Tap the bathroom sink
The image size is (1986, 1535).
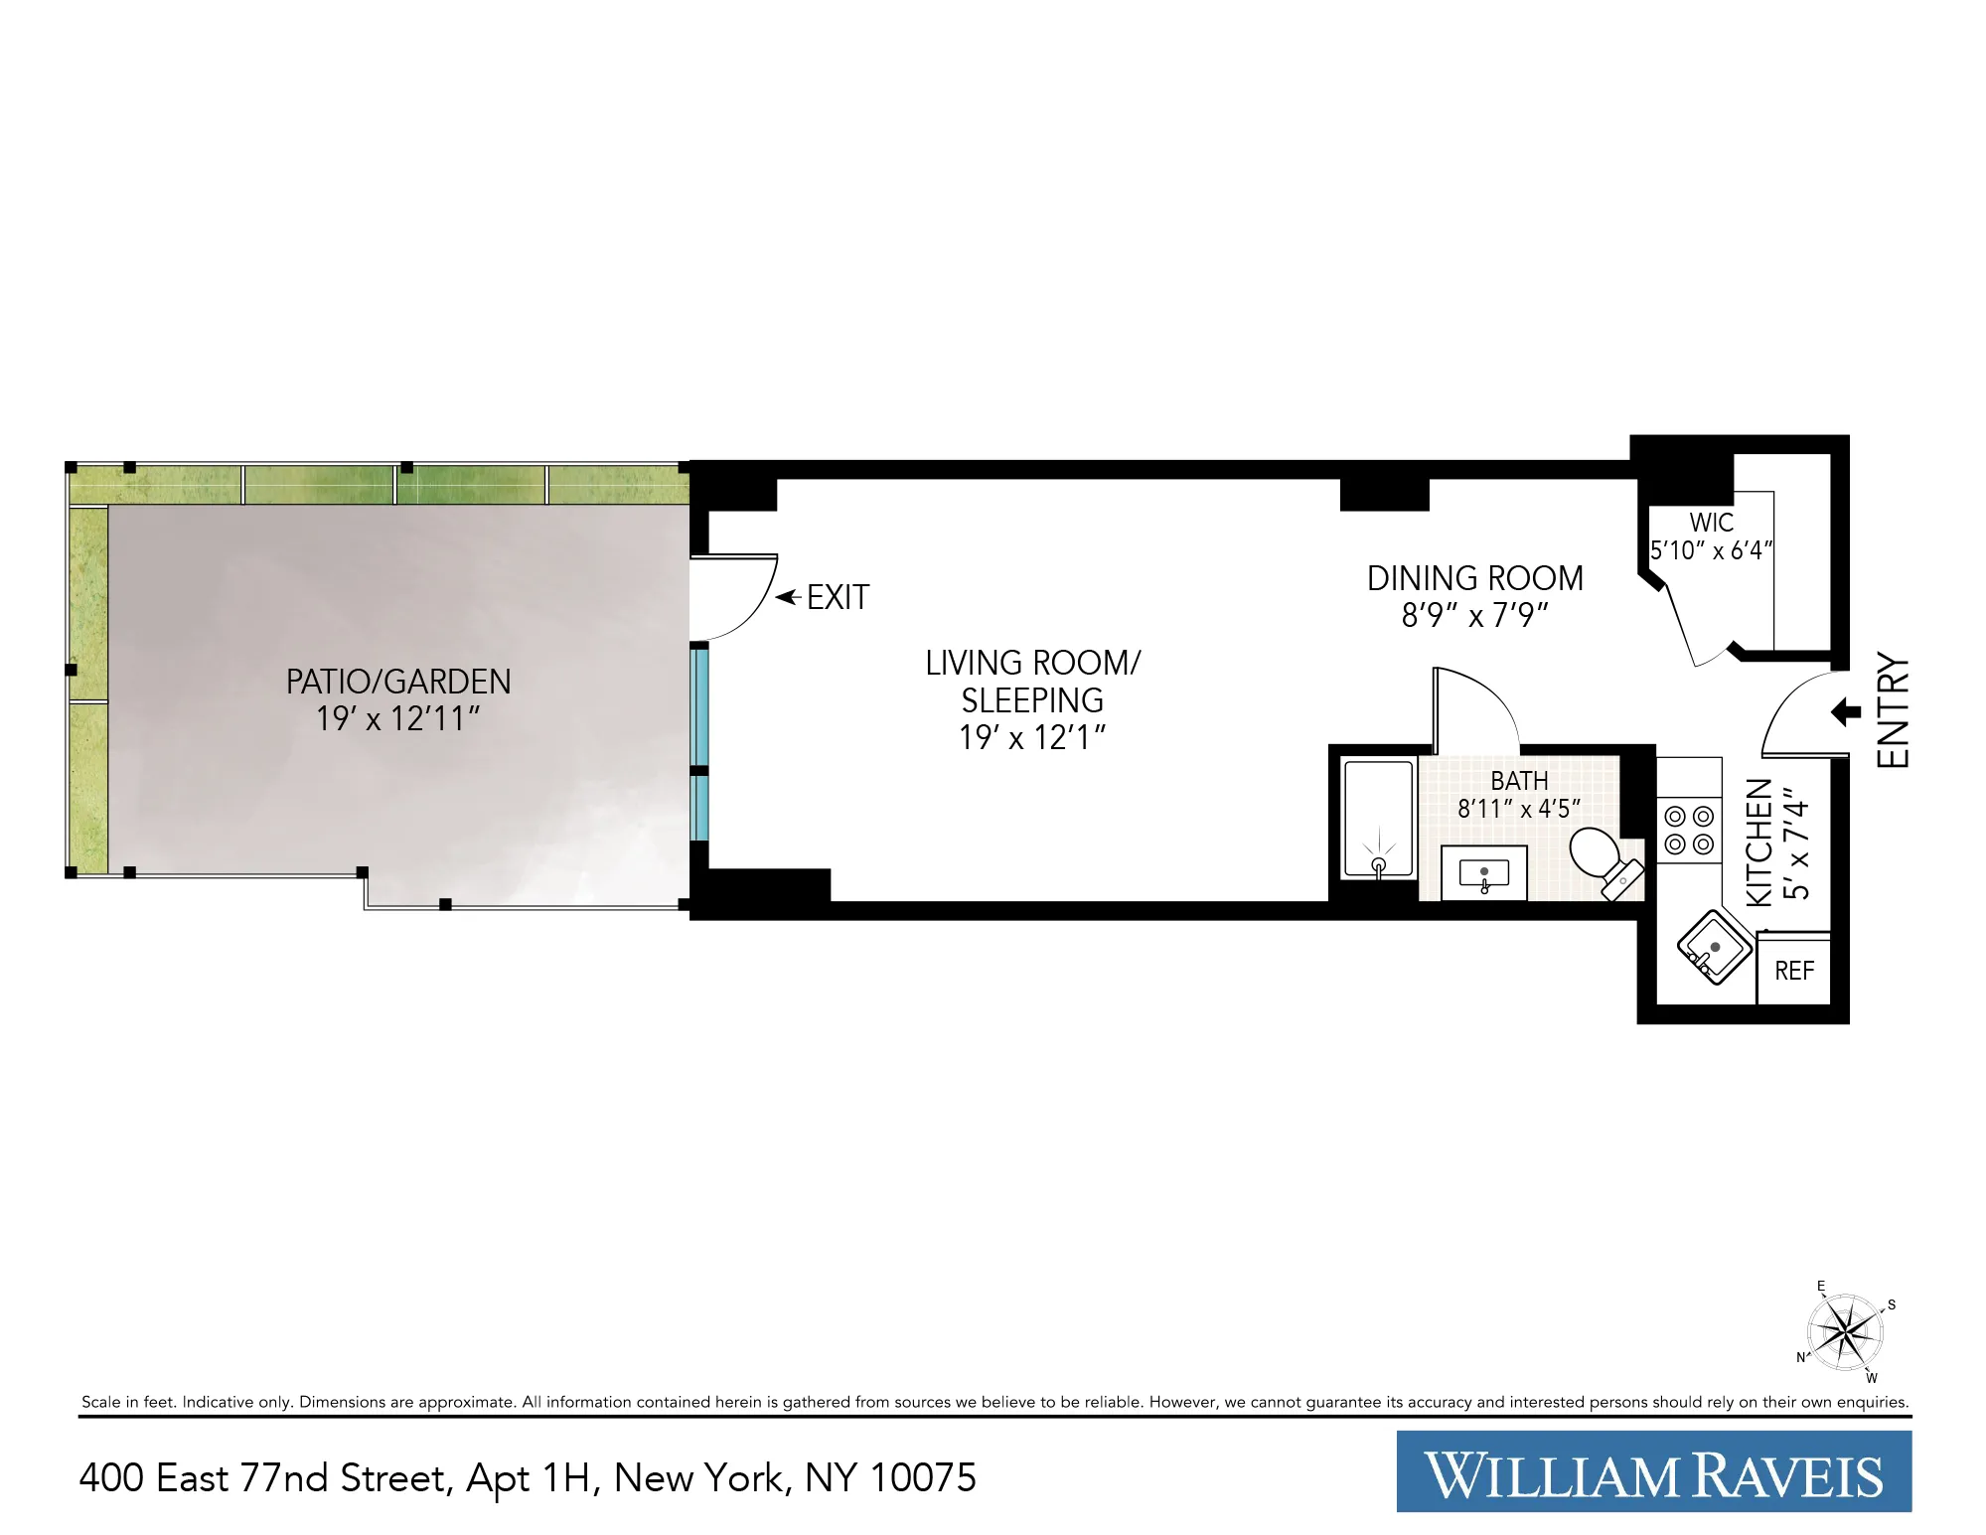(x=1483, y=873)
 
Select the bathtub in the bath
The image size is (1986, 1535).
(x=1378, y=819)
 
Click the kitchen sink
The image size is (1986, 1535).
(x=1714, y=947)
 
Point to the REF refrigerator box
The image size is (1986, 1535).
(x=1794, y=971)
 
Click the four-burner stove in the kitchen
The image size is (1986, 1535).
(x=1689, y=831)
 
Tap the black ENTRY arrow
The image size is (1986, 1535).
(x=1846, y=711)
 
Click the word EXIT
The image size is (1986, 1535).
(x=838, y=597)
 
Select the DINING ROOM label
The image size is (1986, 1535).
(x=1474, y=578)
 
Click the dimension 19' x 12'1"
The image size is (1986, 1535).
(x=1032, y=737)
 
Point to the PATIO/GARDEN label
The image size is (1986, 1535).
(x=398, y=682)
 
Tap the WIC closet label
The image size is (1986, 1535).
(x=1711, y=523)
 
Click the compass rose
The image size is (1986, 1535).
(x=1845, y=1331)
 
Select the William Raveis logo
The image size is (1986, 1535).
(x=1653, y=1471)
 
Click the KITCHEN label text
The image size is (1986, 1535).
(x=1759, y=842)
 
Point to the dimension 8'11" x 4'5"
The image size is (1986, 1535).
(x=1518, y=809)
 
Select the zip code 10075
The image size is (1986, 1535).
(x=923, y=1478)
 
